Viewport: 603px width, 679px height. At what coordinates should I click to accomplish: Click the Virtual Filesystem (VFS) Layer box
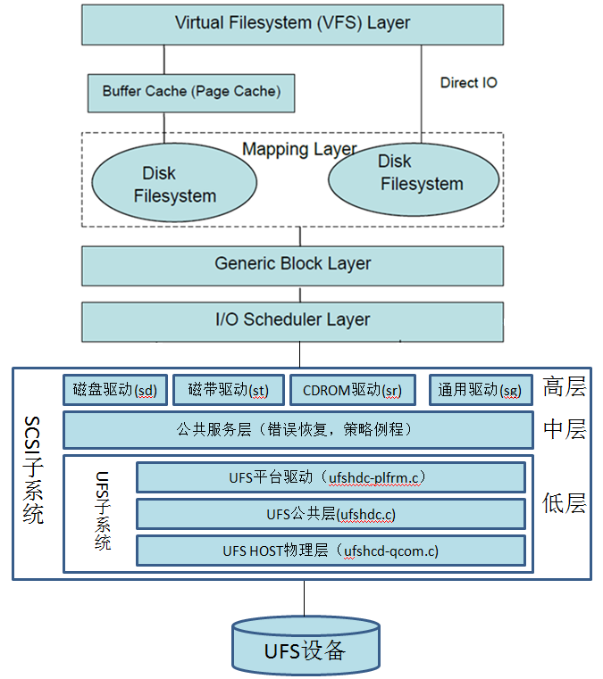[292, 24]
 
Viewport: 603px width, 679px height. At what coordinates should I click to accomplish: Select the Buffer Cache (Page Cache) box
[191, 91]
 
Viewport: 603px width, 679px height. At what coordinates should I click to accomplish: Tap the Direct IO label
[468, 83]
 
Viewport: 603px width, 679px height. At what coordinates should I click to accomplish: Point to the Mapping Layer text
[299, 149]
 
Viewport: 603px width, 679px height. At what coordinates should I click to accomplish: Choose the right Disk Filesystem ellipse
[414, 174]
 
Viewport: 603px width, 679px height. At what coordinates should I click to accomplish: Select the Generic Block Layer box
[292, 264]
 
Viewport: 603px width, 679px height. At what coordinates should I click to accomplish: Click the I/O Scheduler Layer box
[292, 320]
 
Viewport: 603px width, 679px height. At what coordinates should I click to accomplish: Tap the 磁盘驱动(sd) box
[114, 389]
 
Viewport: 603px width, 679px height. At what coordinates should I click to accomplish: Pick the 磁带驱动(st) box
[228, 389]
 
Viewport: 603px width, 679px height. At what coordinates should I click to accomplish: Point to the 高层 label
[564, 387]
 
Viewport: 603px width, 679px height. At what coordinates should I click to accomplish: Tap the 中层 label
[564, 430]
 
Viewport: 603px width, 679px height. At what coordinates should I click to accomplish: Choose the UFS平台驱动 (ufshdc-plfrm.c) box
[331, 477]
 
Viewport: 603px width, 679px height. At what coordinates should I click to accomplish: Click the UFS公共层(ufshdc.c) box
[331, 514]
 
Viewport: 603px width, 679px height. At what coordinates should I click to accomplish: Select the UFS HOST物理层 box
[331, 551]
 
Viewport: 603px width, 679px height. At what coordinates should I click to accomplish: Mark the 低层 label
[564, 503]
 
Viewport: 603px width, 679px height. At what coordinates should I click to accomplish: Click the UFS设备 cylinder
[304, 648]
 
